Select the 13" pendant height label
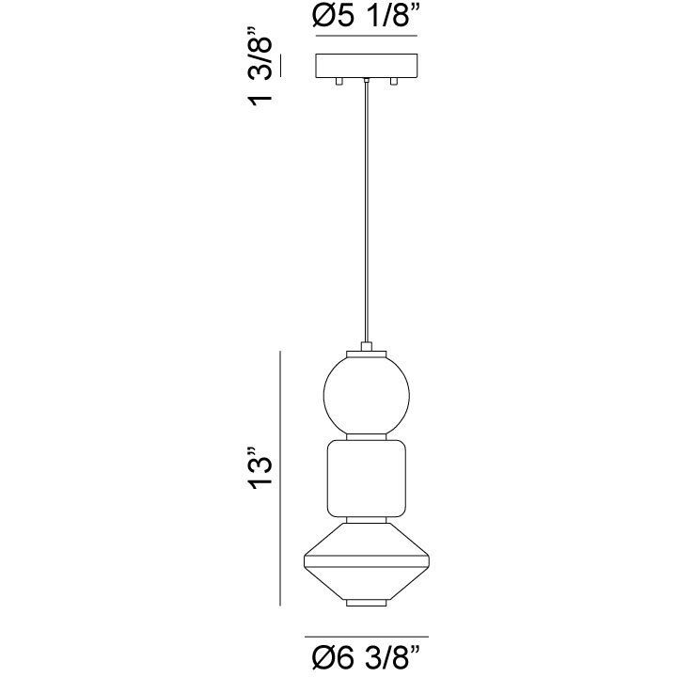coord(260,469)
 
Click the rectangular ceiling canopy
coord(366,67)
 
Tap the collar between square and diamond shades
coord(366,519)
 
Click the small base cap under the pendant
coord(366,603)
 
